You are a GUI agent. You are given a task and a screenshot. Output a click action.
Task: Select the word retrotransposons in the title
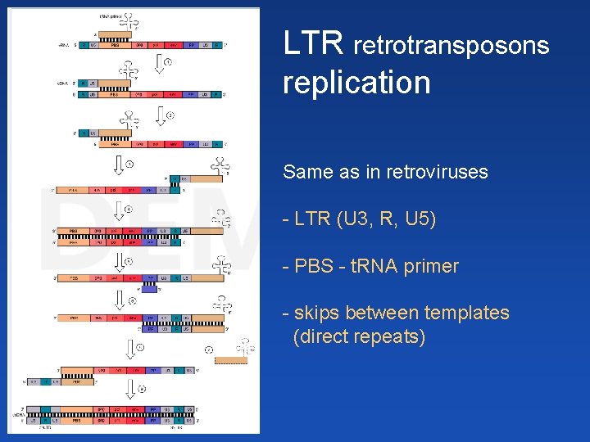tap(451, 46)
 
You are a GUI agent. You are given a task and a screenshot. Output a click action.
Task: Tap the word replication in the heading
tap(356, 83)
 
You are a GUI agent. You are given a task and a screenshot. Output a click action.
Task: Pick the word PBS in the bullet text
tap(315, 266)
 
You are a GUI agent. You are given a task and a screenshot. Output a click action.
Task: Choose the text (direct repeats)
tap(359, 336)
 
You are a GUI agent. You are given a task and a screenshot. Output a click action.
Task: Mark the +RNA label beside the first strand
tap(64, 45)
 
